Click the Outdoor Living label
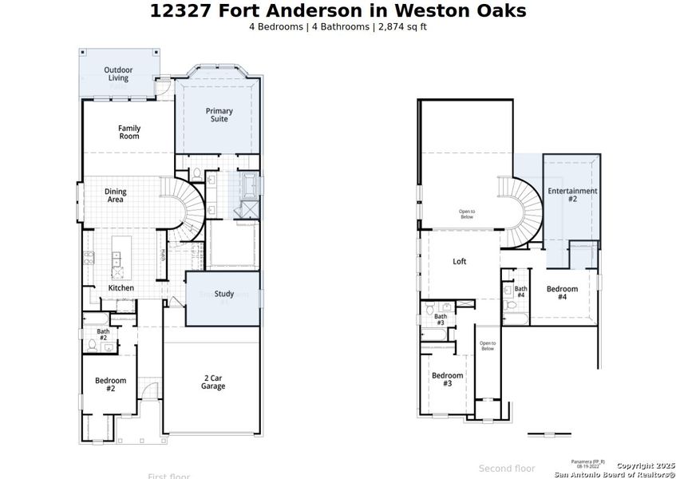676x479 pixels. [118, 74]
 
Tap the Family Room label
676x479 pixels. [129, 132]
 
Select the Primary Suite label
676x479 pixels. [219, 114]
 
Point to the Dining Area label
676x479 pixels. [115, 196]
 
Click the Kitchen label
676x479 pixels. [121, 287]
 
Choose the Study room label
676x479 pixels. [224, 294]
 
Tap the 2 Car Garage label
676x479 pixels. [212, 382]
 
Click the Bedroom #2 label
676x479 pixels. [110, 384]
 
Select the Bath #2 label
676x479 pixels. [103, 335]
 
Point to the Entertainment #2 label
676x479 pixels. [572, 195]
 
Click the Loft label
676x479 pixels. [460, 261]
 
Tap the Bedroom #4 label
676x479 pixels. [562, 292]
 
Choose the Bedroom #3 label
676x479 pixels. [447, 379]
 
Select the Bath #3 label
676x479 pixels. [441, 319]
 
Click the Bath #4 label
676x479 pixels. [520, 292]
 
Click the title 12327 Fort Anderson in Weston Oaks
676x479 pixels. [338, 10]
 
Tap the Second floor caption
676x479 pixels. [507, 469]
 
